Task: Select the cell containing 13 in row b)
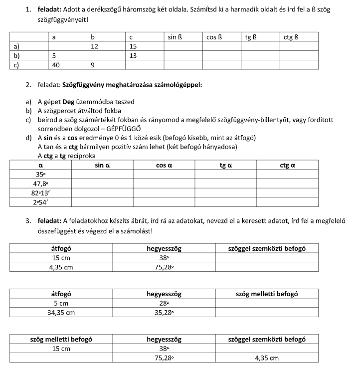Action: (133, 56)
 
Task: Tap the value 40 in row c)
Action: (56, 65)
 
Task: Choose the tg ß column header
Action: (251, 37)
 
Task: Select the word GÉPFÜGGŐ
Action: (137, 129)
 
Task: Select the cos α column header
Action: (164, 165)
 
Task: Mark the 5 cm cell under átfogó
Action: (61, 303)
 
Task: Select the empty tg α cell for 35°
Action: (226, 175)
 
